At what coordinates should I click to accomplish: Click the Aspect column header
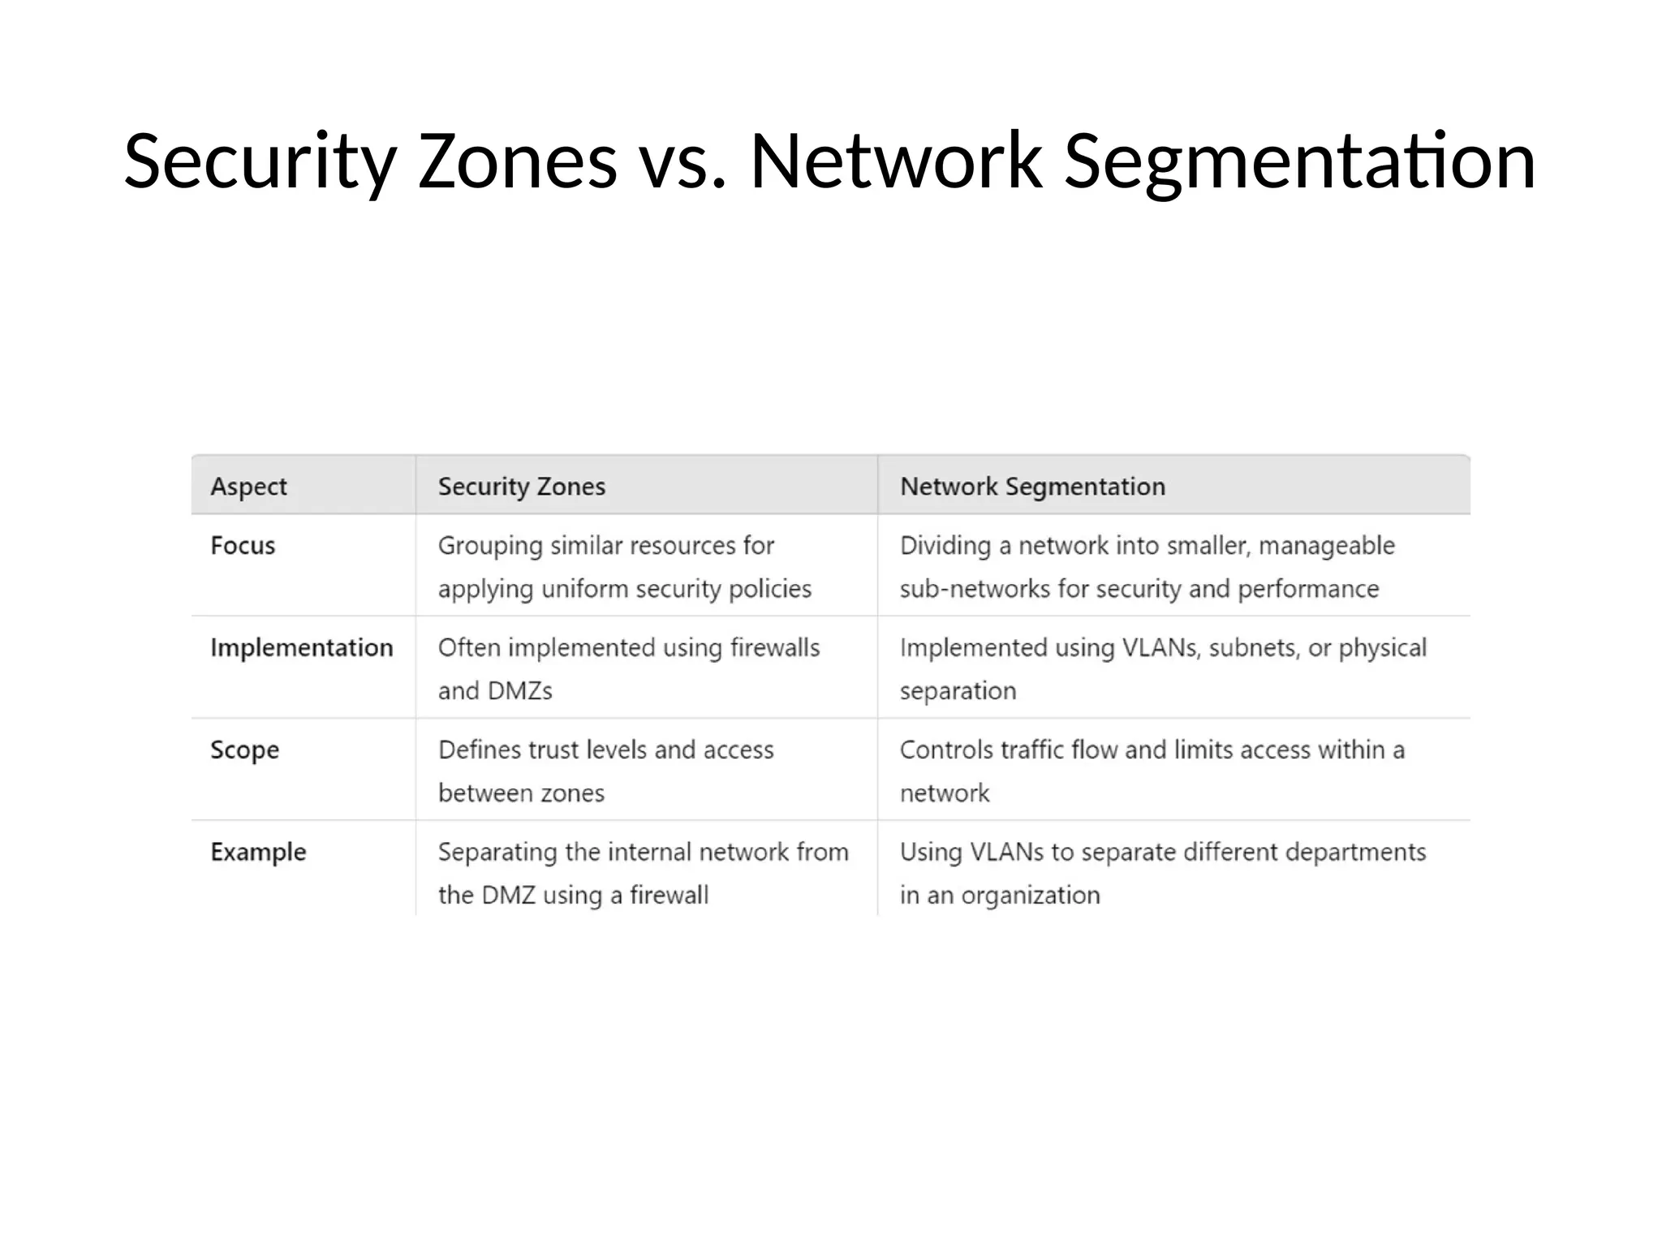248,486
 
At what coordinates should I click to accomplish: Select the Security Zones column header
521,486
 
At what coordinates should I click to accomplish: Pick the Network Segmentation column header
1032,486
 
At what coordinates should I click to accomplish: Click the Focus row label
243,545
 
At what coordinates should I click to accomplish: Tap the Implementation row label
301,647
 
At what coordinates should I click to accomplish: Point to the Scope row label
244,750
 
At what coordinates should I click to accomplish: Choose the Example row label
258,852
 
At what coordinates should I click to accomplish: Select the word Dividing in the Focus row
945,545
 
